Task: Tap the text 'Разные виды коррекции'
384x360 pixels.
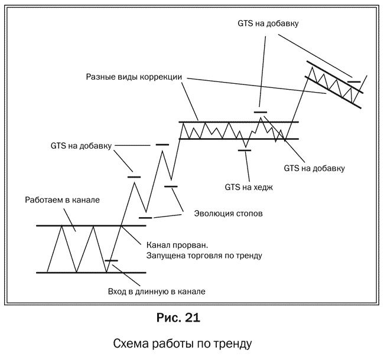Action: coord(133,77)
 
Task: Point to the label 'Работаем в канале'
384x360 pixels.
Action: coord(62,199)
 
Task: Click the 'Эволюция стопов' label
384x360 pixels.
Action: coord(228,213)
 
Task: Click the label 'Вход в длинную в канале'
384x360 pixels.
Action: coord(160,291)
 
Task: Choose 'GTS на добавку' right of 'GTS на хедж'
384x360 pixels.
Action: coord(314,168)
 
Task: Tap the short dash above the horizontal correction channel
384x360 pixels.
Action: coord(261,111)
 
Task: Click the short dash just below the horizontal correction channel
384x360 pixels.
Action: coord(245,150)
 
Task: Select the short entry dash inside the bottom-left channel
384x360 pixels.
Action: coord(111,260)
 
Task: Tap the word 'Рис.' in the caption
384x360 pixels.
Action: coord(168,318)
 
